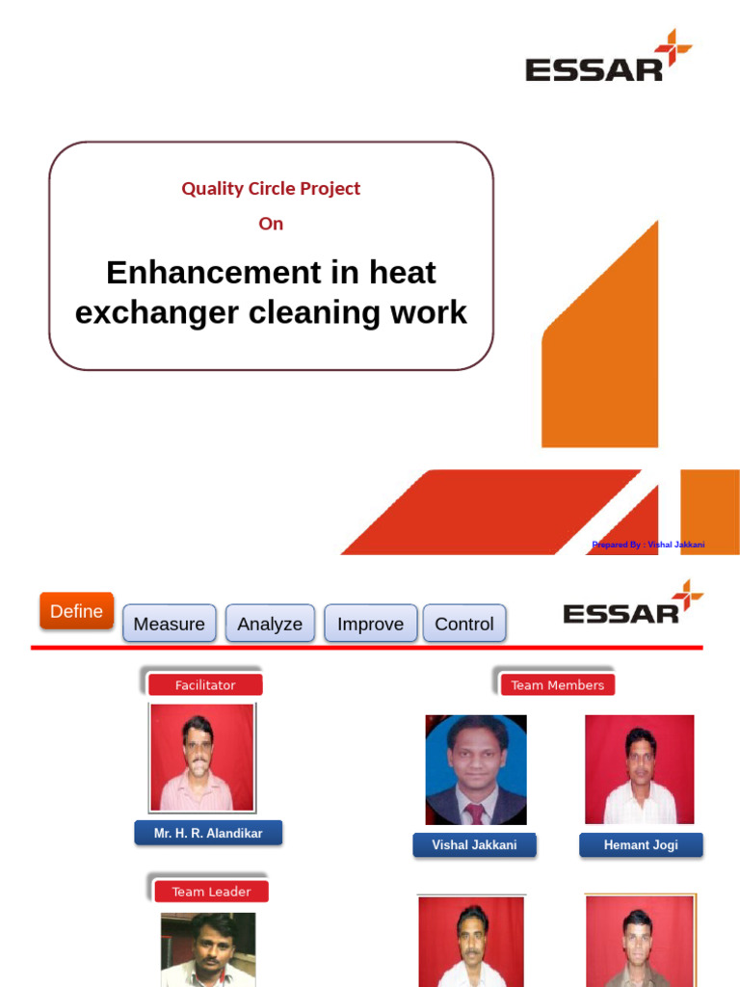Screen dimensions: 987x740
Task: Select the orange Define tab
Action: click(x=76, y=611)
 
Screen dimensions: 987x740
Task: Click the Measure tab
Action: click(x=169, y=624)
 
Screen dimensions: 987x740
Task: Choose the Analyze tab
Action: click(x=270, y=624)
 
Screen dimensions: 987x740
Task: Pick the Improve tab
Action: click(x=370, y=624)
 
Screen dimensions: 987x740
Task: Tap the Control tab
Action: click(x=463, y=624)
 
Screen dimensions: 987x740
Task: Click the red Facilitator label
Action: click(x=205, y=685)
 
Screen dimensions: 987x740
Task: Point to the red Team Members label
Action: click(x=557, y=685)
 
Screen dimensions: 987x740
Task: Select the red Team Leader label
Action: click(x=211, y=892)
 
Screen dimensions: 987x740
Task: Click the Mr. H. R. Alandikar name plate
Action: click(x=208, y=833)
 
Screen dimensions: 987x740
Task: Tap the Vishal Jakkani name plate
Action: click(x=474, y=845)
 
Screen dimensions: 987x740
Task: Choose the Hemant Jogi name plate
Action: click(x=641, y=845)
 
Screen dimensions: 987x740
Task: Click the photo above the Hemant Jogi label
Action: click(x=639, y=769)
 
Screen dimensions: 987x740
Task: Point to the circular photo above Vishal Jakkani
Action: click(x=476, y=769)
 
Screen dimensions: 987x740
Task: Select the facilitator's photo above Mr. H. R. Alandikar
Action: click(x=202, y=757)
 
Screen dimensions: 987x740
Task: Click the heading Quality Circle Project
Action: click(x=271, y=189)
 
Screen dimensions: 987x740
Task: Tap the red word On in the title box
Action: click(x=271, y=224)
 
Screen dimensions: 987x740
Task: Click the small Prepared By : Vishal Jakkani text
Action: click(x=647, y=545)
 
